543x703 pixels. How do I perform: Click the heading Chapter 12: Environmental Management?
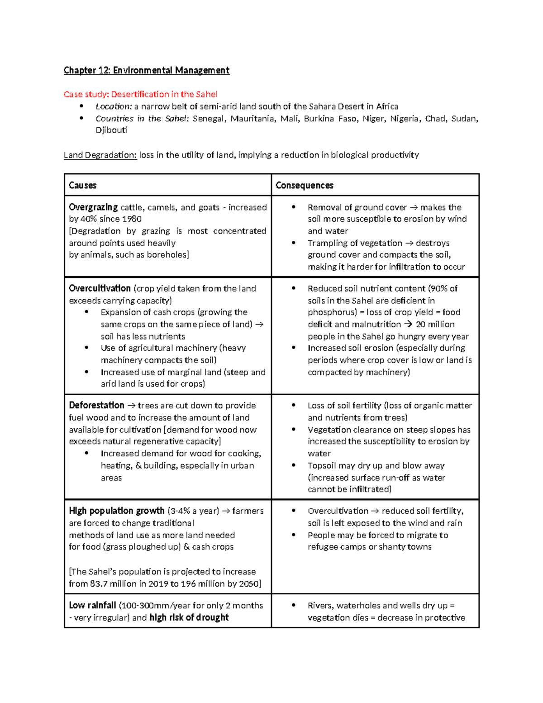tap(146, 70)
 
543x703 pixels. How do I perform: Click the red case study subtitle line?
tap(140, 94)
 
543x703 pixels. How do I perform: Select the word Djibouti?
tap(111, 130)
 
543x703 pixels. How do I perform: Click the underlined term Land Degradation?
tap(100, 155)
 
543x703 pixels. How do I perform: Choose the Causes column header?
tap(82, 185)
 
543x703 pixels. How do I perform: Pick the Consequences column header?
tap(304, 185)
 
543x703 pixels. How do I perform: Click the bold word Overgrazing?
tap(93, 207)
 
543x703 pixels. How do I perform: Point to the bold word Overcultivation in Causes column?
tap(100, 288)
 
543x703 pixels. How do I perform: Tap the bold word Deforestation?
tap(96, 405)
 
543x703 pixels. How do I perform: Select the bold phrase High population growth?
tap(116, 511)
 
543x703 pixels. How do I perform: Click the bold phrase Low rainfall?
tap(92, 605)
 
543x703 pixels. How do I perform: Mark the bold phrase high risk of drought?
tap(189, 617)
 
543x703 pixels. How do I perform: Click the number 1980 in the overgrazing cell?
tap(131, 219)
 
